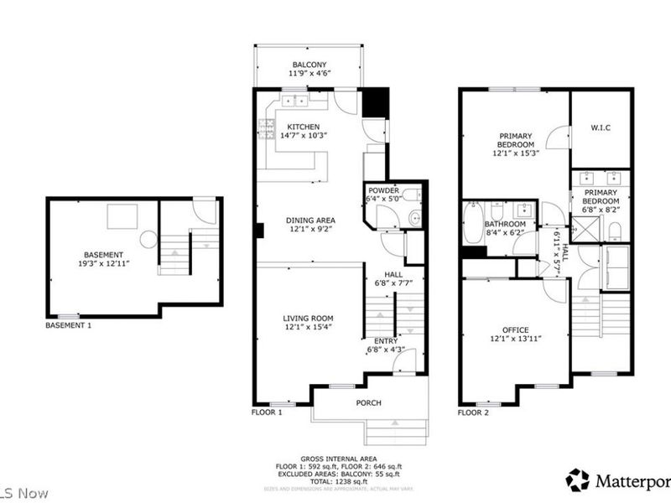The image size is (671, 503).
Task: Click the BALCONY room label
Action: [x=309, y=65]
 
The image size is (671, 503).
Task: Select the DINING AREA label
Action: [x=310, y=220]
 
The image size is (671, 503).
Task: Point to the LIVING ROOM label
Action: [x=308, y=319]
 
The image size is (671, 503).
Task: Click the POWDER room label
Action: [x=383, y=190]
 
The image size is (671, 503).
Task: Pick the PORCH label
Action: [x=368, y=403]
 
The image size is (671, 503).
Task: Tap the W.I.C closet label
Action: [x=600, y=128]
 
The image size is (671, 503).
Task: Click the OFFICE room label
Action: [x=515, y=329]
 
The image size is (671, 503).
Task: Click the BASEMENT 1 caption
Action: [x=68, y=324]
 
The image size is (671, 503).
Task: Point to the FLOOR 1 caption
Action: [x=267, y=413]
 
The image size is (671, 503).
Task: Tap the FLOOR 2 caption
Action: [x=474, y=413]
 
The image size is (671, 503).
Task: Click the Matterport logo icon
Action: [x=577, y=480]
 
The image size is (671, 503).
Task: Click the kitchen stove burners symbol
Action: [x=266, y=128]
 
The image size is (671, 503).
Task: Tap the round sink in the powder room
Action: [x=414, y=220]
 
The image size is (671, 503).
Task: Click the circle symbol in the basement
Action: [x=148, y=240]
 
